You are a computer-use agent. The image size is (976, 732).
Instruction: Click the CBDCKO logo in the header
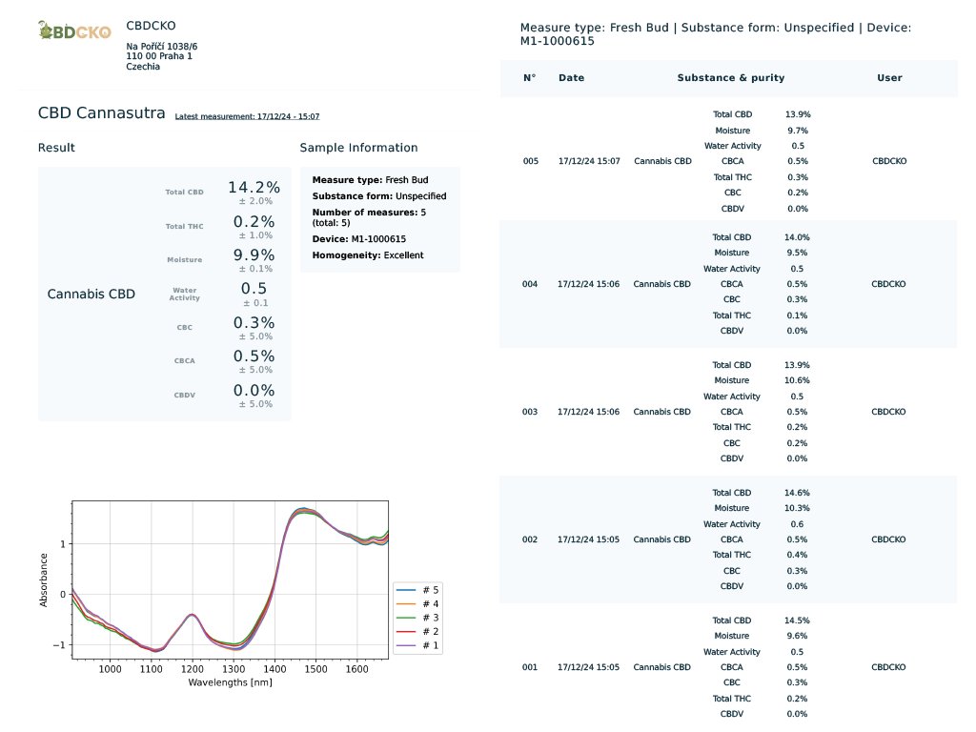point(74,31)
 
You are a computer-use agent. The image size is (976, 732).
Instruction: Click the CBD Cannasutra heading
point(102,113)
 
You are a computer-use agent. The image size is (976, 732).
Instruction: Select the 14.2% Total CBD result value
point(254,188)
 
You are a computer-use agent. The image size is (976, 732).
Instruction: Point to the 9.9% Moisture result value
point(254,254)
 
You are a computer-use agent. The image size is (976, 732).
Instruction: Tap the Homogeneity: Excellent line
point(368,255)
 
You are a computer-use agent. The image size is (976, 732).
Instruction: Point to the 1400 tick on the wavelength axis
point(274,669)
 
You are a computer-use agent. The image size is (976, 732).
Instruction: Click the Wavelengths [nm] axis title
point(230,682)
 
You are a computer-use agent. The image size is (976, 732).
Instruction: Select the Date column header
point(572,78)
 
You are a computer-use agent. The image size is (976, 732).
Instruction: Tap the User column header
point(889,78)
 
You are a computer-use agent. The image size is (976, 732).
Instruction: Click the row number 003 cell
point(530,412)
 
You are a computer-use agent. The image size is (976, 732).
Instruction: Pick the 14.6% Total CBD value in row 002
point(797,493)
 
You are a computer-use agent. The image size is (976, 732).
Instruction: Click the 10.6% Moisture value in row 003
point(797,380)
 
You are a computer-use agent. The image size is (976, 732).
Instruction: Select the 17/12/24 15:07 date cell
point(589,161)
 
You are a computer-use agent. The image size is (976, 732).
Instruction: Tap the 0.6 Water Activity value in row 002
point(797,524)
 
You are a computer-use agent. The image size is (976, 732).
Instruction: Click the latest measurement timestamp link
point(247,116)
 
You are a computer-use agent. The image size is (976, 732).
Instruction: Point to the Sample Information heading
point(358,148)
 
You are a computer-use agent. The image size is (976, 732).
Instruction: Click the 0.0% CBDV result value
point(254,391)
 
